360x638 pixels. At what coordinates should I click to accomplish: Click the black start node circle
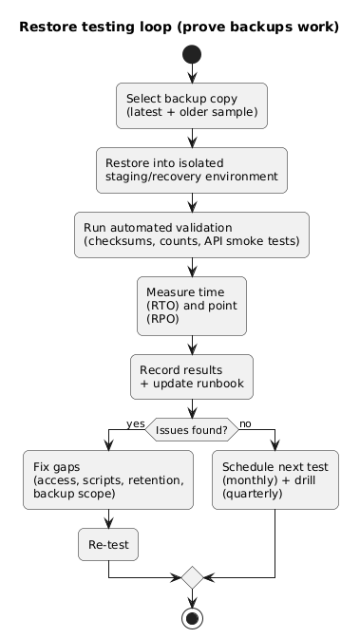192,55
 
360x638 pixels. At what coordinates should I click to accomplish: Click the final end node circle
192,617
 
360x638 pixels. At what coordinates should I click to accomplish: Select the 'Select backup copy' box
192,106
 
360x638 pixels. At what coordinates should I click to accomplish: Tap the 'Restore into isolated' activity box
192,169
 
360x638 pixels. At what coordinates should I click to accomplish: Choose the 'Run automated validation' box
192,235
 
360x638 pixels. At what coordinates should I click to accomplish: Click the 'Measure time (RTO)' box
192,305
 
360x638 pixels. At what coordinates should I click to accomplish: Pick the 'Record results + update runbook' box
192,376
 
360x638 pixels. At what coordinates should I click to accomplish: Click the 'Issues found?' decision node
192,430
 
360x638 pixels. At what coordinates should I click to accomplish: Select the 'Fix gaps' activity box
108,480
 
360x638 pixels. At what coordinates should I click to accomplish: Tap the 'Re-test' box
108,545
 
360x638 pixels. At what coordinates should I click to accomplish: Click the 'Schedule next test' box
275,480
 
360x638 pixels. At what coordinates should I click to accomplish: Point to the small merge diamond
192,576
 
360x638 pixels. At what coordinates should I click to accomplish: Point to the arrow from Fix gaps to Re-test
108,519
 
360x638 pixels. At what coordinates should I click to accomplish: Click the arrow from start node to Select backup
192,75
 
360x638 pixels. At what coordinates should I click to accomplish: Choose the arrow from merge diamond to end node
192,597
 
